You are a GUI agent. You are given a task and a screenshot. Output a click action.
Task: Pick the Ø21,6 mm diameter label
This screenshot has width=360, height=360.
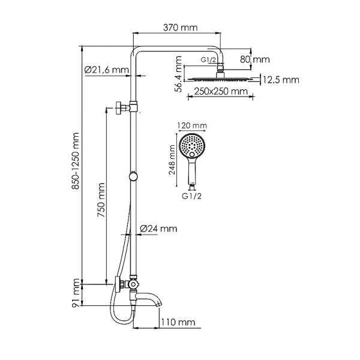point(107,70)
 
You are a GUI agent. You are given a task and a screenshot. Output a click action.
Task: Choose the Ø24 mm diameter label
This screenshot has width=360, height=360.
point(158,229)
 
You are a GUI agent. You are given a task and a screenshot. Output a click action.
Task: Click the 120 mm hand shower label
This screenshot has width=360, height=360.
point(191,125)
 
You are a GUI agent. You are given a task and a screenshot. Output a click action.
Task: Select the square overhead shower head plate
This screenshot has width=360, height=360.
point(223,78)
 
